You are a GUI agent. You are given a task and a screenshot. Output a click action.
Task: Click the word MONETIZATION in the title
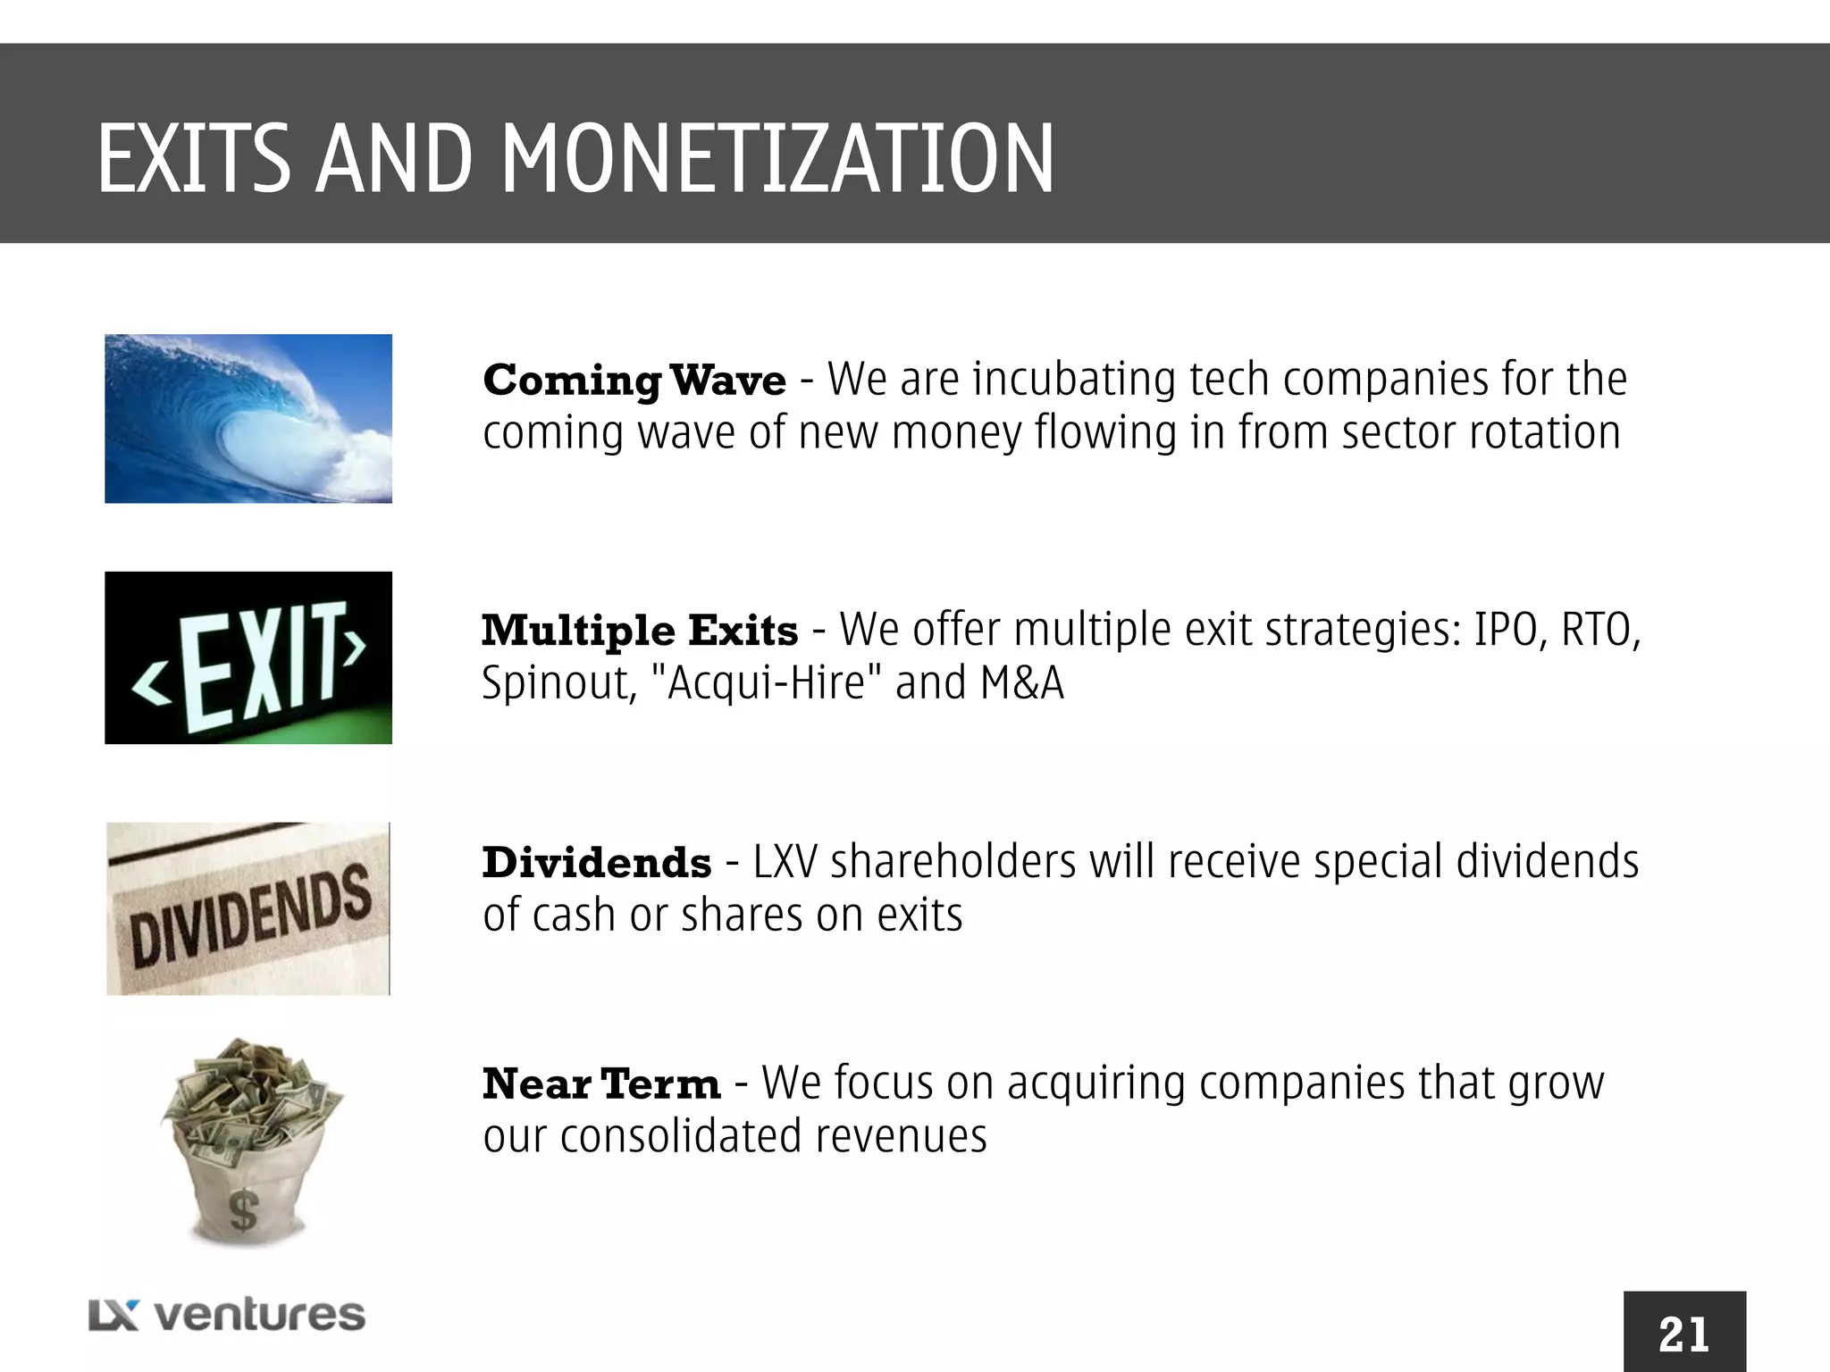click(x=777, y=160)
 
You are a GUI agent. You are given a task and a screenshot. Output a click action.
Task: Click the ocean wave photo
click(x=248, y=418)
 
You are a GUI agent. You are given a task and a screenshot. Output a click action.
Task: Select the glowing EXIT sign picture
click(x=248, y=657)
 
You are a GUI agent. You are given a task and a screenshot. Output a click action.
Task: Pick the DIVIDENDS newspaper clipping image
click(x=248, y=908)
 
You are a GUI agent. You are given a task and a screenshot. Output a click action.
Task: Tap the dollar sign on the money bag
click(x=243, y=1211)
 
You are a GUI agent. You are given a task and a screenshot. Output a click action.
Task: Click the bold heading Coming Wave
click(x=634, y=381)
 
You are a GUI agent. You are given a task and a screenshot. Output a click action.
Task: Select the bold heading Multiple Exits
click(x=640, y=631)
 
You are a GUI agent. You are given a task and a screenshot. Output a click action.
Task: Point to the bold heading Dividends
click(x=597, y=863)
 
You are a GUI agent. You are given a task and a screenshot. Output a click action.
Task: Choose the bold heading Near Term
click(x=600, y=1084)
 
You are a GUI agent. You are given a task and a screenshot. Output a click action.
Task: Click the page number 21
click(x=1684, y=1334)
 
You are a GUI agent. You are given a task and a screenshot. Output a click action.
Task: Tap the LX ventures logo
click(x=227, y=1315)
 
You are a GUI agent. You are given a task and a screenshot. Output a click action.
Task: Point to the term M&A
click(x=1022, y=683)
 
